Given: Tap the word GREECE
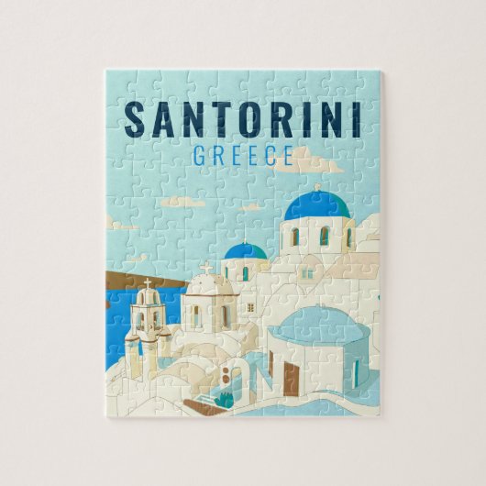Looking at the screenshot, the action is click(242, 156).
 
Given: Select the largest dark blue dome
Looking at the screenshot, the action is click(317, 205).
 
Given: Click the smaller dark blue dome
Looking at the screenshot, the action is click(246, 250).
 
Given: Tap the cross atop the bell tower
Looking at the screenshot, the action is click(147, 284).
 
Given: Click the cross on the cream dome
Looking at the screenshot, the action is click(206, 269).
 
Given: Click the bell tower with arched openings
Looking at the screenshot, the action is click(147, 316).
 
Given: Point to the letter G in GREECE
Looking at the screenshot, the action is click(200, 156).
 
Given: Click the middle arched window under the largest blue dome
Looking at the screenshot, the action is click(324, 237).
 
